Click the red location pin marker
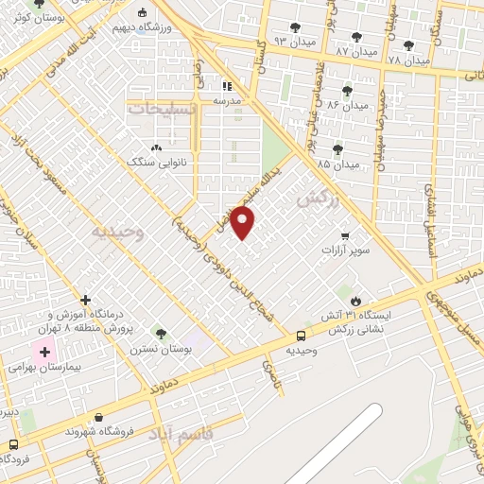click(x=243, y=223)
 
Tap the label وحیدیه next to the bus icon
click(x=301, y=350)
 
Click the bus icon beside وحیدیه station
click(x=301, y=335)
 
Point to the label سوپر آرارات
click(x=342, y=250)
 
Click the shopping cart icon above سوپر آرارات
click(x=345, y=235)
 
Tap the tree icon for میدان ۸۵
click(x=337, y=149)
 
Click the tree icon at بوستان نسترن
click(x=162, y=334)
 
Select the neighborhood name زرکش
click(x=316, y=199)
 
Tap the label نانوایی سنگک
click(x=154, y=162)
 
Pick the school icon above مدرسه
click(x=226, y=86)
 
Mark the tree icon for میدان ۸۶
click(x=347, y=91)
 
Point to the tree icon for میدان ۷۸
click(x=408, y=45)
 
